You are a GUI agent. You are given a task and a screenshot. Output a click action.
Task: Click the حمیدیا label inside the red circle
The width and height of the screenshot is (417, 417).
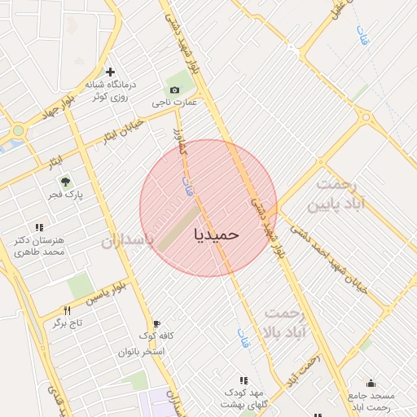[217, 234]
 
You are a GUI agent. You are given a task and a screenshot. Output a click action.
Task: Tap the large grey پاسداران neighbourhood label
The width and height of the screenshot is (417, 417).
[127, 242]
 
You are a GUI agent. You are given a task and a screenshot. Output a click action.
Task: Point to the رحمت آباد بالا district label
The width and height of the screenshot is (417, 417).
[284, 324]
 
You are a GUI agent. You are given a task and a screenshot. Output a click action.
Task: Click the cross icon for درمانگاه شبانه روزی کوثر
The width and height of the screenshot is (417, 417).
[110, 72]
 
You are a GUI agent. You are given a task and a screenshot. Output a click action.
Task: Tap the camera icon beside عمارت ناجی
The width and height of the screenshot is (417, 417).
[173, 90]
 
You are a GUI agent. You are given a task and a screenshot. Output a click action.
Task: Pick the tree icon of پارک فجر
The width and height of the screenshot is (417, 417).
[64, 180]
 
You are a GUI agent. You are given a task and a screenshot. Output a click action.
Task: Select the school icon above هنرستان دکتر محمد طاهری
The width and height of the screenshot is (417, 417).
[37, 228]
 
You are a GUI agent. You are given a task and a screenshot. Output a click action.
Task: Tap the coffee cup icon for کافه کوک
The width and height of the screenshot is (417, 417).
[156, 323]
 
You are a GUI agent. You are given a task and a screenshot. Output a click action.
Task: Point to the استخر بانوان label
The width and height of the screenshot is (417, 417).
[142, 352]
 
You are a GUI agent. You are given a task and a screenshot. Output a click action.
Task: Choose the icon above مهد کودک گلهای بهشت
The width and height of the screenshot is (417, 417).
[243, 380]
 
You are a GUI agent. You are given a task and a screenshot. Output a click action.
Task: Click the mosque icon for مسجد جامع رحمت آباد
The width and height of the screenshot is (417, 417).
[371, 384]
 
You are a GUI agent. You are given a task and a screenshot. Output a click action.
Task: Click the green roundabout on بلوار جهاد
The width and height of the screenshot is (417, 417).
[18, 130]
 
